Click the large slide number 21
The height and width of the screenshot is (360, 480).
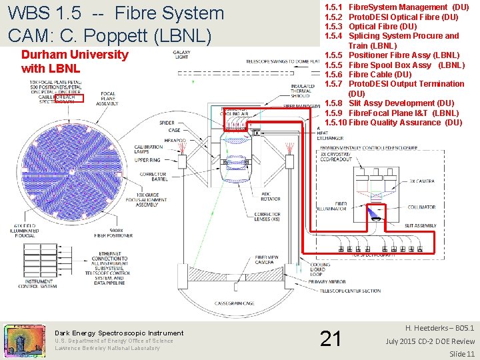[x=330, y=339]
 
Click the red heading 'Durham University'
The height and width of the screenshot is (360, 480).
[x=75, y=55]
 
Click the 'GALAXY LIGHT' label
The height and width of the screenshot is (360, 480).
[x=181, y=55]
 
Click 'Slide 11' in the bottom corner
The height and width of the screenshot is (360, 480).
[x=461, y=353]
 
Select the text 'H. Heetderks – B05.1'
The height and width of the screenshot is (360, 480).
[x=440, y=329]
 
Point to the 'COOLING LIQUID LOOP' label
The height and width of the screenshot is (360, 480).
[x=320, y=270]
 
